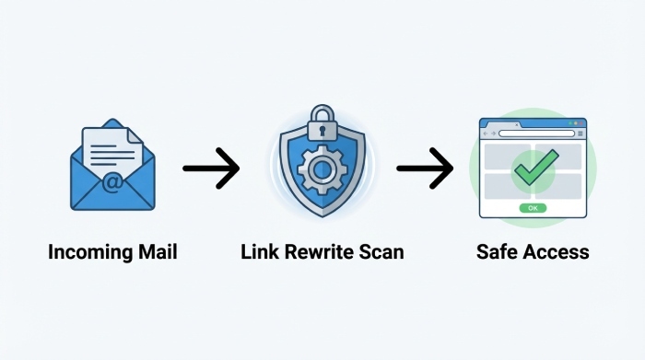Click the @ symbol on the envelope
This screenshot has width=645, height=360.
point(111,183)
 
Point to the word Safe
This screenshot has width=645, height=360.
point(497,251)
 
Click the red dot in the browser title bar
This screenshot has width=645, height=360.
point(486,122)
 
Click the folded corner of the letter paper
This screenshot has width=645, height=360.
point(135,135)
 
